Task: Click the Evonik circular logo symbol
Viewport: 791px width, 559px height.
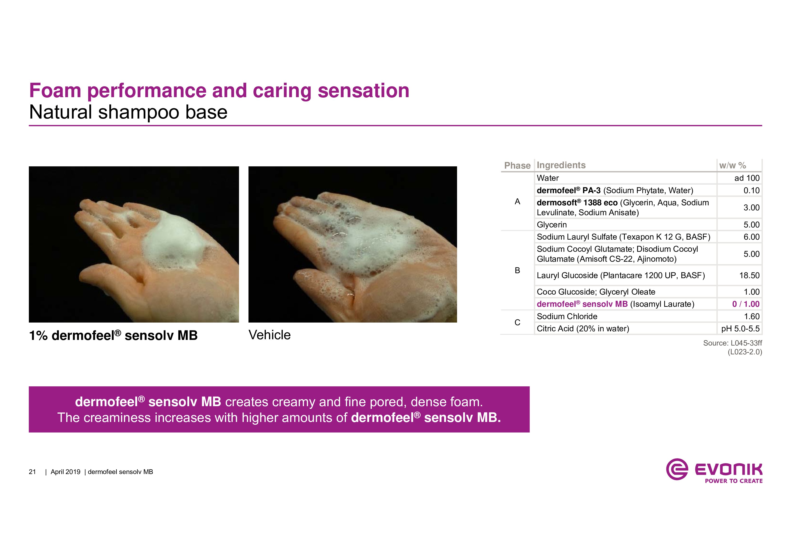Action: (677, 469)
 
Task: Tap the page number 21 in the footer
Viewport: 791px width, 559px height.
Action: (32, 472)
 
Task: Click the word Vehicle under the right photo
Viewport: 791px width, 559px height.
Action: (269, 335)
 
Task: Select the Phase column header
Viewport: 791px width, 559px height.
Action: (517, 165)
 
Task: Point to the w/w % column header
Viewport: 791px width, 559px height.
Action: (732, 165)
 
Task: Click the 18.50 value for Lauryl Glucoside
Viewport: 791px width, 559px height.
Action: (749, 275)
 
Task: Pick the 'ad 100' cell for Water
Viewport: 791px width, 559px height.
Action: (747, 178)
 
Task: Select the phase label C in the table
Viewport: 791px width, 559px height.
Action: (517, 322)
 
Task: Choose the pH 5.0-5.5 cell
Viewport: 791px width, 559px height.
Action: (740, 329)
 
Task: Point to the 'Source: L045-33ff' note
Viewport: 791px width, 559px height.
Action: (732, 343)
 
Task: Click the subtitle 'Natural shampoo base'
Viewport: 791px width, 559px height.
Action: (128, 112)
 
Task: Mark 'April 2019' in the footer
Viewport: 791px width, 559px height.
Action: (65, 472)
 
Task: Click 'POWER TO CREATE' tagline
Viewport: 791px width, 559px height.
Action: (734, 481)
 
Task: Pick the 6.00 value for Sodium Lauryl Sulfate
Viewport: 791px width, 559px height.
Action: (751, 237)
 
